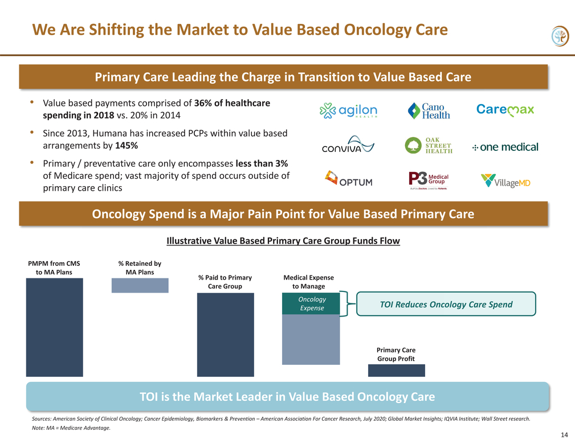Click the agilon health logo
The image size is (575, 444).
(x=348, y=110)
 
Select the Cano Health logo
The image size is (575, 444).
(x=429, y=111)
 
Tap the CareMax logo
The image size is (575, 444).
(x=505, y=110)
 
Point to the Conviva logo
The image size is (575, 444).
(x=348, y=144)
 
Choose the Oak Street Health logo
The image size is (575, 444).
(x=429, y=145)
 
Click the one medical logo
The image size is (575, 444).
(x=505, y=147)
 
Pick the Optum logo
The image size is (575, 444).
(x=348, y=179)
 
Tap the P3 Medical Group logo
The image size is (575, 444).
(x=429, y=180)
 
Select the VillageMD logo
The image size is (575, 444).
(x=505, y=180)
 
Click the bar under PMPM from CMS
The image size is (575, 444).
(x=54, y=327)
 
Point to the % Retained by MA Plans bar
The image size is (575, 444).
(x=140, y=285)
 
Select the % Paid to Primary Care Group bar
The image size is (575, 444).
(x=226, y=335)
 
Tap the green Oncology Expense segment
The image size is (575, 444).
(x=311, y=303)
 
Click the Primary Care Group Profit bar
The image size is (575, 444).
(x=397, y=371)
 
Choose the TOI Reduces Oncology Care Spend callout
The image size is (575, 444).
(x=446, y=304)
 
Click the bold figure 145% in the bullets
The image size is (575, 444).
(x=127, y=146)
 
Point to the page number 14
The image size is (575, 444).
(x=564, y=435)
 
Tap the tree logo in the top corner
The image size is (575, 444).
(x=560, y=36)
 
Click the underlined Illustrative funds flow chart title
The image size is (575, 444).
(x=283, y=241)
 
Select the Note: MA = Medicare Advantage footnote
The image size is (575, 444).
(x=71, y=428)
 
